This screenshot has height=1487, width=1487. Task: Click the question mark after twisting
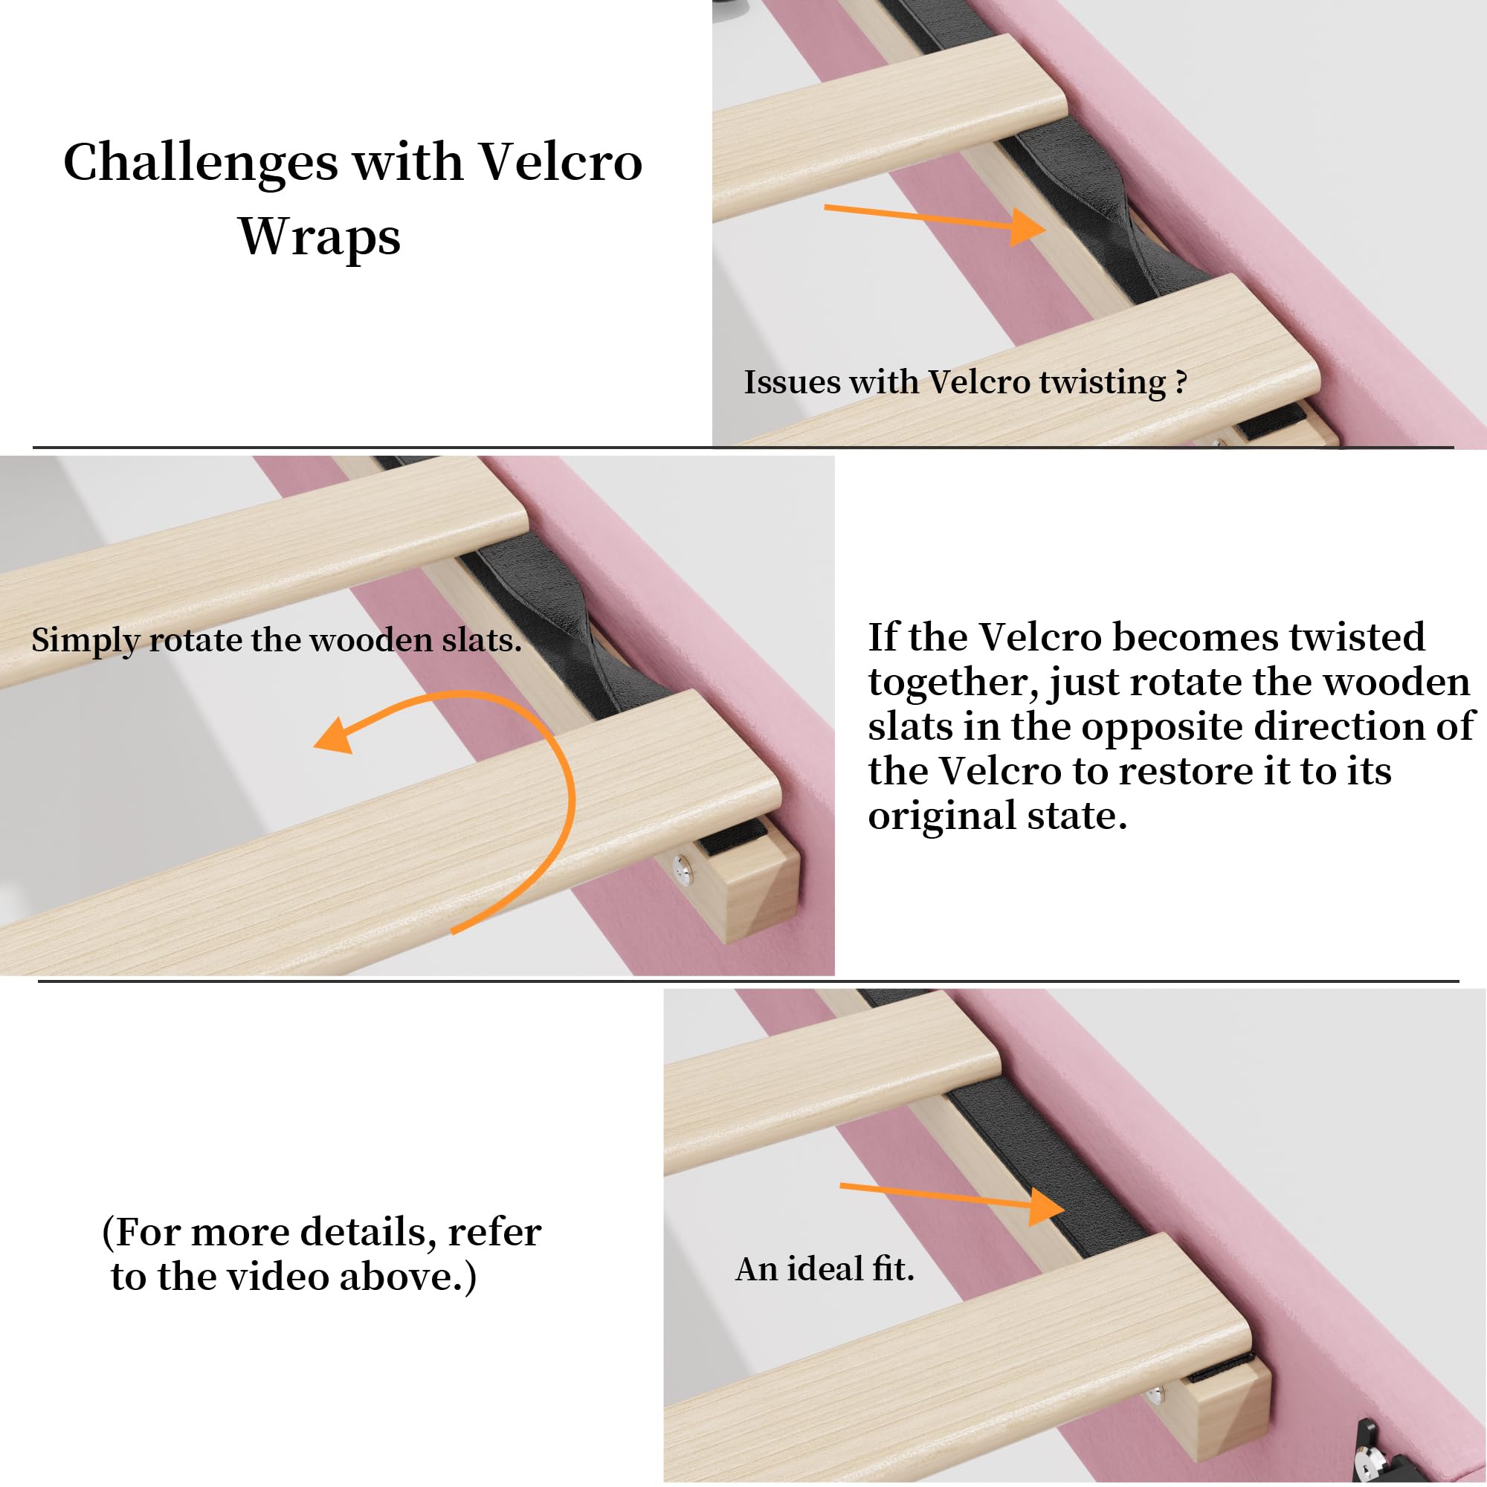(1181, 381)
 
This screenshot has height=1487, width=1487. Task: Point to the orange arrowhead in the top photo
(1028, 227)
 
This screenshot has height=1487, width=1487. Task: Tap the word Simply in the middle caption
(86, 641)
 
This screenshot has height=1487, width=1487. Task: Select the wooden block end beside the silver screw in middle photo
(758, 893)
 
